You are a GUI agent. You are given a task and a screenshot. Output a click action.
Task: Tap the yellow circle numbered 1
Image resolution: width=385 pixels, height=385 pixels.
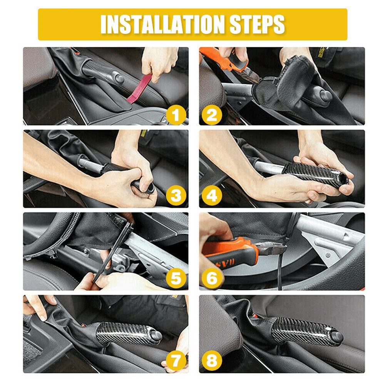click(176, 115)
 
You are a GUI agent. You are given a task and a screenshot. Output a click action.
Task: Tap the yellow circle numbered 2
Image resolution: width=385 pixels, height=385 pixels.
click(212, 115)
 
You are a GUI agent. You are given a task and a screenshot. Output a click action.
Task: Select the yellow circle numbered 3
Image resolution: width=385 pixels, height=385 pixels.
click(176, 196)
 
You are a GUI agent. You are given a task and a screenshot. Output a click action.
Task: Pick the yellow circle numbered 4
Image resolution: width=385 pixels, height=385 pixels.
click(212, 196)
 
